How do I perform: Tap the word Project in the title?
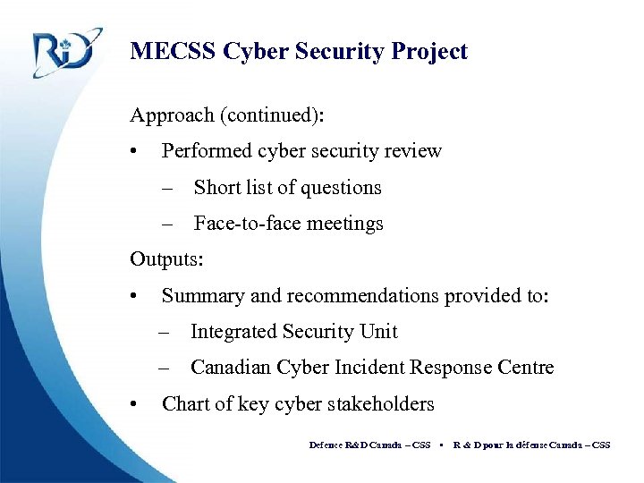click(428, 52)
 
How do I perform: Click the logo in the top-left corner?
click(63, 54)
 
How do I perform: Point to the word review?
click(413, 151)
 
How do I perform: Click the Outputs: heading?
click(166, 260)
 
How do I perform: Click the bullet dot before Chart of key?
click(133, 405)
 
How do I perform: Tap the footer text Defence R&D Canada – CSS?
click(369, 445)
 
